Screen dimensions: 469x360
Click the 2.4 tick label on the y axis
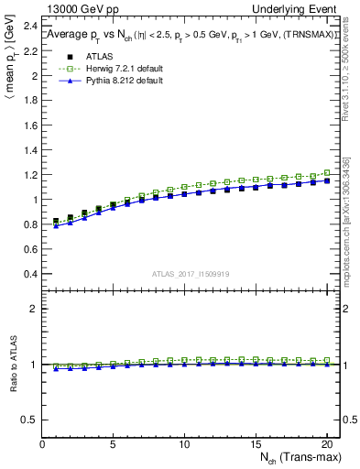pyautogui.click(x=30, y=52)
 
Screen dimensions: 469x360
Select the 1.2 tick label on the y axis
pyautogui.click(x=30, y=175)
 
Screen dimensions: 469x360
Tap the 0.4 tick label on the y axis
pyautogui.click(x=30, y=274)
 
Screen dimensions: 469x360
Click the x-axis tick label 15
pyautogui.click(x=255, y=445)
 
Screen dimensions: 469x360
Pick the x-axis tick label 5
pyautogui.click(x=113, y=445)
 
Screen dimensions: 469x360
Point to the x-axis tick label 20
pyautogui.click(x=325, y=445)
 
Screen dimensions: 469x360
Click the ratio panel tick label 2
pyautogui.click(x=35, y=309)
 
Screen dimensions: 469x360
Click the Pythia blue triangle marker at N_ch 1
pyautogui.click(x=56, y=225)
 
